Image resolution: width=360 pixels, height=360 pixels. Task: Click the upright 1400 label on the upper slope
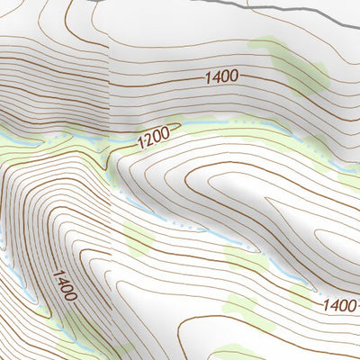pyautogui.click(x=220, y=77)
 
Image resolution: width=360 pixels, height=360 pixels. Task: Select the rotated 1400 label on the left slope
pyautogui.click(x=64, y=284)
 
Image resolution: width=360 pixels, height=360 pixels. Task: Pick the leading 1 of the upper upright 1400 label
pyautogui.click(x=207, y=77)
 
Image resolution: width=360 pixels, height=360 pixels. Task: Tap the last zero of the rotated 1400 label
pyautogui.click(x=71, y=298)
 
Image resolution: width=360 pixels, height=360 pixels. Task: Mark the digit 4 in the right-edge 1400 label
pyautogui.click(x=332, y=306)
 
